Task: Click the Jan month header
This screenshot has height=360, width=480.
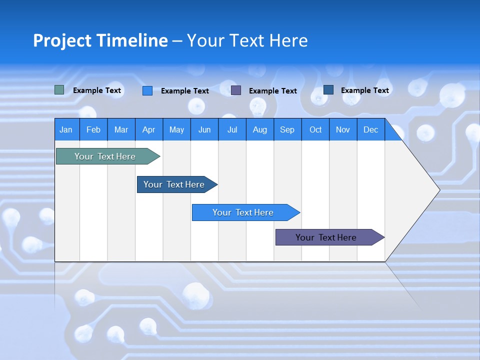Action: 66,129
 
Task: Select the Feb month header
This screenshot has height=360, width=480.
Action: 93,129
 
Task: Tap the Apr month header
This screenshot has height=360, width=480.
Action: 149,129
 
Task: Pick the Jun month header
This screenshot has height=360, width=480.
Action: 204,129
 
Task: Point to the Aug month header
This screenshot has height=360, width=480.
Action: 260,129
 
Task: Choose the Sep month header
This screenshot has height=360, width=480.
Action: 287,129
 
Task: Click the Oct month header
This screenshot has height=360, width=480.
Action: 315,129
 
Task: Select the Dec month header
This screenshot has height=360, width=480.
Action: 371,129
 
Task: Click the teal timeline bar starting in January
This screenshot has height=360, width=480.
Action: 105,156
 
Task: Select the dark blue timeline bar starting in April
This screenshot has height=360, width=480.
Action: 174,184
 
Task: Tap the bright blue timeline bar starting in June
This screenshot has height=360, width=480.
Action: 243,212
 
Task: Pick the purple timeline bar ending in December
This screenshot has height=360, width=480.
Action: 326,237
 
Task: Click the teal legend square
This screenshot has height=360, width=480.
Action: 59,90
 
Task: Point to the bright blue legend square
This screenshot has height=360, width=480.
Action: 147,90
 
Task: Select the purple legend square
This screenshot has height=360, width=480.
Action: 236,90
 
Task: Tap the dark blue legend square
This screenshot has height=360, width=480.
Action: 328,90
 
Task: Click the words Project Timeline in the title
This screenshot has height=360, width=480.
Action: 100,40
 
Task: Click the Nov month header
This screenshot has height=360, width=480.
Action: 343,129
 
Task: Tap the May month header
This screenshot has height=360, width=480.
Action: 176,129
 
